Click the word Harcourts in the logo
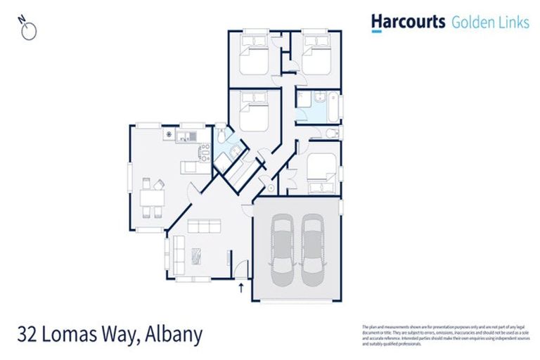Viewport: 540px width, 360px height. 409,22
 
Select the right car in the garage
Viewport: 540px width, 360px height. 314,247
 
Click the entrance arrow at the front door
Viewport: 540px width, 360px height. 243,287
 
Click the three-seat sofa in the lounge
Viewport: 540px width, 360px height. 205,226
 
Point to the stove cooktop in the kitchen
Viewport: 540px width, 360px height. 169,134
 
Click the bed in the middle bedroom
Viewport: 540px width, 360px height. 254,112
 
